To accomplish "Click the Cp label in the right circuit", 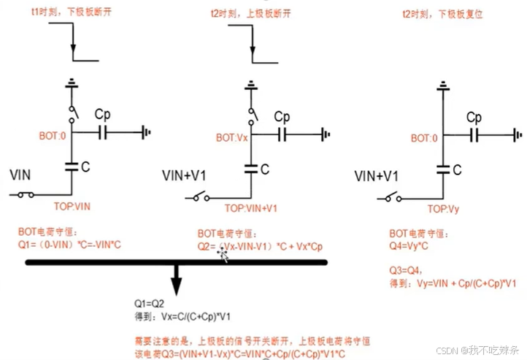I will [x=474, y=118].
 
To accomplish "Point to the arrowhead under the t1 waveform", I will [x=73, y=61].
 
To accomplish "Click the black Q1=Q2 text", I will [x=149, y=301].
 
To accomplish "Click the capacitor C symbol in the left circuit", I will [x=72, y=166].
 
